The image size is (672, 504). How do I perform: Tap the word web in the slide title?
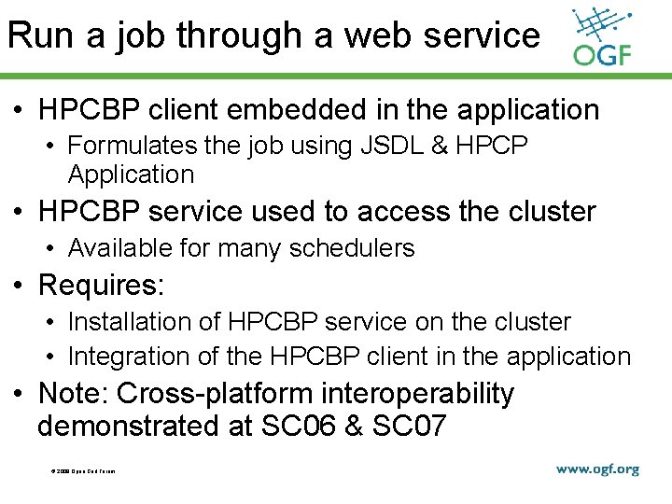tap(377, 35)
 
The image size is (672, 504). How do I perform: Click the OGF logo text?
tap(602, 55)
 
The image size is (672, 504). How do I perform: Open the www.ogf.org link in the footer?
tap(597, 469)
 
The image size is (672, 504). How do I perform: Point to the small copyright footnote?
tap(83, 471)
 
